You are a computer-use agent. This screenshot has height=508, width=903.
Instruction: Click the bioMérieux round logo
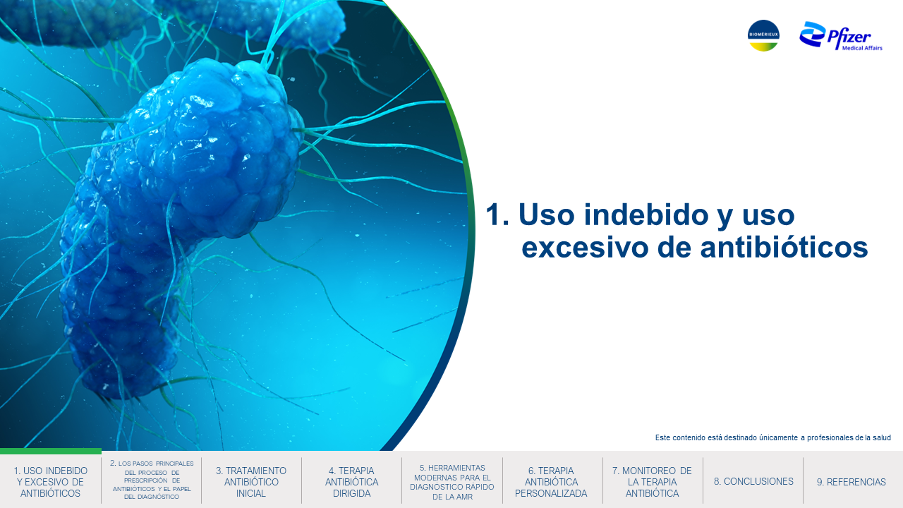pos(763,35)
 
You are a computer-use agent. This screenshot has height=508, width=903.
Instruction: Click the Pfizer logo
pos(840,36)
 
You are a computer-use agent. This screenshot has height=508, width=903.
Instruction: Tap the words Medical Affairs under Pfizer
pos(862,48)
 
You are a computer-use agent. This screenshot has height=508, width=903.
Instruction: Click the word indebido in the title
pos(646,214)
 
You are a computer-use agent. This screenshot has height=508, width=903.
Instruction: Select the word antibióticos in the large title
pos(784,248)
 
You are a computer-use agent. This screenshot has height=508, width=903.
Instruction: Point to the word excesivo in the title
pos(585,248)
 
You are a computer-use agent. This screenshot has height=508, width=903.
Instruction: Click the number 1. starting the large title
pos(497,214)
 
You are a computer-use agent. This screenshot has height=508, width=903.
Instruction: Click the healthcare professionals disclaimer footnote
pos(772,437)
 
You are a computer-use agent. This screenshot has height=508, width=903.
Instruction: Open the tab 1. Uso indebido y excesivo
pos(50,482)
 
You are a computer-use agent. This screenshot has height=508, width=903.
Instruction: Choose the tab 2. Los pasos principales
pos(152,480)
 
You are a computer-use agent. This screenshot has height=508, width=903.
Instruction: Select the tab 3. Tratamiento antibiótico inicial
pos(250,482)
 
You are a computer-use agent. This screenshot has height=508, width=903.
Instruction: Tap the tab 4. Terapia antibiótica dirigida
pos(351,482)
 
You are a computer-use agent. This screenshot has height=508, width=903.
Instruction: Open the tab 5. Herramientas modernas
pos(452,482)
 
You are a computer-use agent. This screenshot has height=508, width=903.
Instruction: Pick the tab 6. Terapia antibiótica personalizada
pos(551,482)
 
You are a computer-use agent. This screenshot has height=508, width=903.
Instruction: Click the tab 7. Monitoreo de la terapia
pos(652,482)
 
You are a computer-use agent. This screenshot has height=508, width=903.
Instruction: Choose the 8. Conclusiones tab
pos(753,481)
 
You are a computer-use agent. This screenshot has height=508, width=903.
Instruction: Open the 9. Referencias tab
pos(852,482)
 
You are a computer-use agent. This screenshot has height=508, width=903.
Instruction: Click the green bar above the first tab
pos(51,451)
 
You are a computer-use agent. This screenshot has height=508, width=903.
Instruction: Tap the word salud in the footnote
pos(882,437)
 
